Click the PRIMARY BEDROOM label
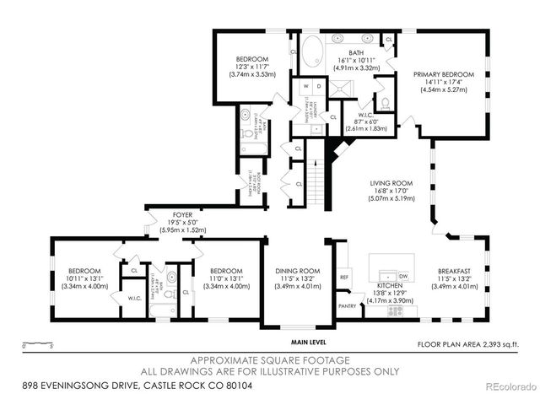(443, 74)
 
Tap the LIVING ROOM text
(390, 183)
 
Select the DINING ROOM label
(298, 271)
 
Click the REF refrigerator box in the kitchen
(344, 277)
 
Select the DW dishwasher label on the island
(402, 276)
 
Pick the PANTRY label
(347, 306)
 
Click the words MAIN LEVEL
(309, 342)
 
